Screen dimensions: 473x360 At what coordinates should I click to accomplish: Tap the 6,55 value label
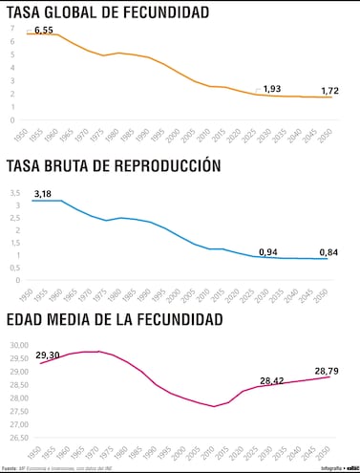[x=44, y=32]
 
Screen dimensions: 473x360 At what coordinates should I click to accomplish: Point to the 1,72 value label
[x=330, y=91]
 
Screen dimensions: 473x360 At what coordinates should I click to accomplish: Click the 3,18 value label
[x=43, y=194]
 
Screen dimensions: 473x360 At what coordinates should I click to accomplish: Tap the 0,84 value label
[x=330, y=253]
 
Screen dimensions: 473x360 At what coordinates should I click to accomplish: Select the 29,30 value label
[x=49, y=355]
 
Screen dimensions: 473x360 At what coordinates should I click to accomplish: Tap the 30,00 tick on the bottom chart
[x=19, y=346]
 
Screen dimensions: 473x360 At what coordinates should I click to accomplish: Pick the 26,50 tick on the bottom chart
[x=19, y=439]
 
